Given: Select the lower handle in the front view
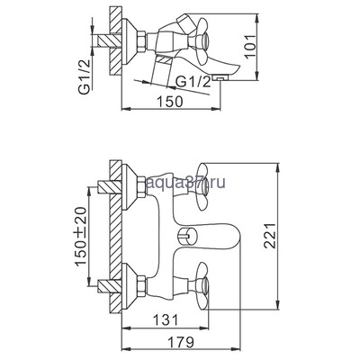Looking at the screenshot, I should [x=202, y=290].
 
